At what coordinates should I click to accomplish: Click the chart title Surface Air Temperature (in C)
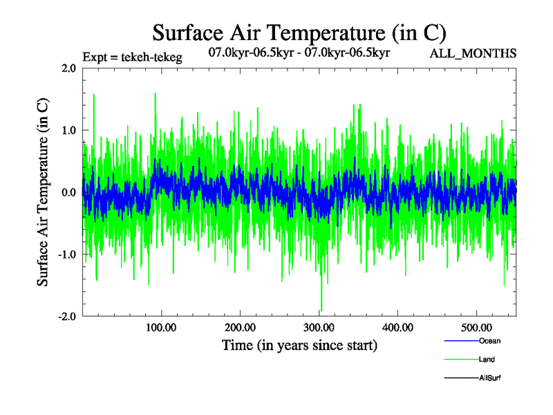pos(299,33)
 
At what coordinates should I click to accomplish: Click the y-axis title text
pos(43,192)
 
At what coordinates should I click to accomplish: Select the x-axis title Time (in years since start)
pos(299,345)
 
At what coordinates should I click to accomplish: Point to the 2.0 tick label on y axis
pos(68,68)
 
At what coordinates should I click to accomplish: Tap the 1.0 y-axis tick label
pos(68,130)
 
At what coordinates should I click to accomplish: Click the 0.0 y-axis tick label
pos(68,192)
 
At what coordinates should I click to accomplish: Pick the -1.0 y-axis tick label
pos(66,254)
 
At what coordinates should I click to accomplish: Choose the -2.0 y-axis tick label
pos(66,316)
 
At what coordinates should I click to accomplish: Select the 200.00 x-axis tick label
pos(240,328)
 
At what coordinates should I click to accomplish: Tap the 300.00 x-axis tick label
pos(319,328)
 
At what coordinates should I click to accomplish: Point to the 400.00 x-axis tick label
pos(397,328)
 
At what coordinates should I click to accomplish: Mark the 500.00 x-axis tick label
pos(476,328)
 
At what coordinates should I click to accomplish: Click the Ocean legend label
pos(489,341)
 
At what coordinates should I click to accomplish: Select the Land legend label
pos(486,360)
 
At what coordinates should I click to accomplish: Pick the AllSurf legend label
pos(489,378)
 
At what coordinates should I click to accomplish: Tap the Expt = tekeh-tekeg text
pos(132,57)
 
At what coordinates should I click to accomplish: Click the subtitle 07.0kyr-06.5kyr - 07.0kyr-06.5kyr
pos(299,52)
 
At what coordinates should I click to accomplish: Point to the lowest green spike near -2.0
pos(321,310)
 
